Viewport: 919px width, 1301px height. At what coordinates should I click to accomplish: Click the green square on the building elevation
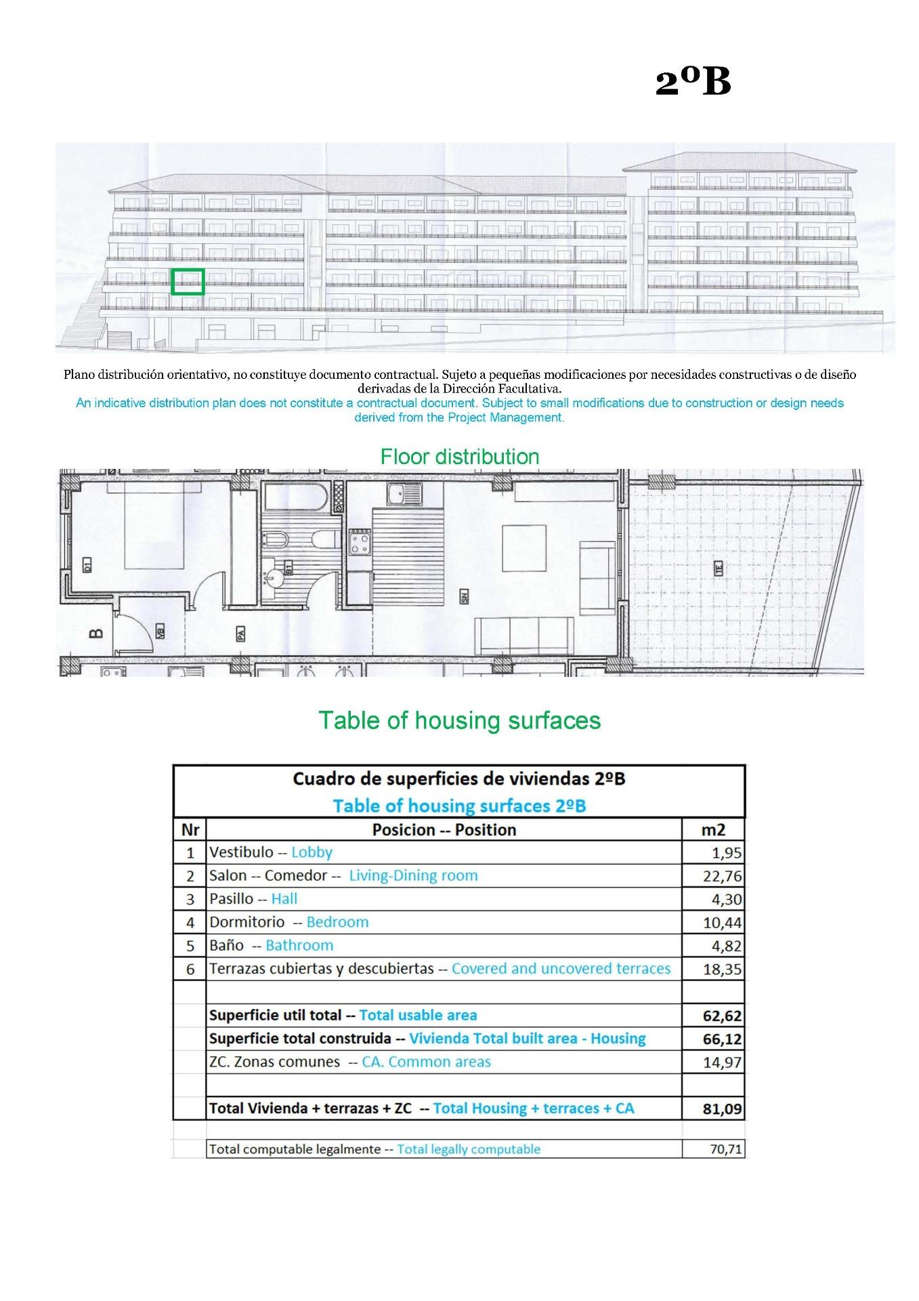pyautogui.click(x=188, y=281)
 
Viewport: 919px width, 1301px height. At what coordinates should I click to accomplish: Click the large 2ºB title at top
pyautogui.click(x=693, y=82)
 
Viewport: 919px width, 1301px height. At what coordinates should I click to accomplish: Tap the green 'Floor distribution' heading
pyautogui.click(x=459, y=457)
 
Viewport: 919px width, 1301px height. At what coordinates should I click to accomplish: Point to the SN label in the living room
pyautogui.click(x=465, y=597)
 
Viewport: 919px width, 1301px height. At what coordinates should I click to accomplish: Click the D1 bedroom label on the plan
pyautogui.click(x=87, y=565)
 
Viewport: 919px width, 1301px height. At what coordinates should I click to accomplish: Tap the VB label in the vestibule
pyautogui.click(x=161, y=632)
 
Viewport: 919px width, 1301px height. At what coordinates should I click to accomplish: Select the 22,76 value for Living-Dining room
pyautogui.click(x=722, y=876)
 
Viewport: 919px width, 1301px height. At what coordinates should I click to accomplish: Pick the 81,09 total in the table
pyautogui.click(x=722, y=1109)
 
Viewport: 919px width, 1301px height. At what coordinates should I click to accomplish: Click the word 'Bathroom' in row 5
pyautogui.click(x=299, y=945)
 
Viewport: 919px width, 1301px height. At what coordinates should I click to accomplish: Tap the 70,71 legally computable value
pyautogui.click(x=725, y=1149)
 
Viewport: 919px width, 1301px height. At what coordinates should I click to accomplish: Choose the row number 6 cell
pyautogui.click(x=190, y=969)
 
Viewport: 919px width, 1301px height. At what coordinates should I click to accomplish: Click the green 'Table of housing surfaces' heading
pyautogui.click(x=459, y=720)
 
